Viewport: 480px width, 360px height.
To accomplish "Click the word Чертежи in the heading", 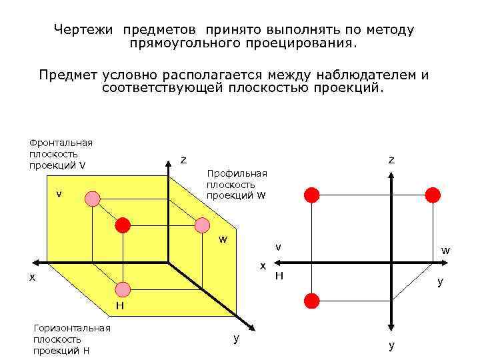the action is (85, 30).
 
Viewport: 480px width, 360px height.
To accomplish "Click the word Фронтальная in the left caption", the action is (60, 142).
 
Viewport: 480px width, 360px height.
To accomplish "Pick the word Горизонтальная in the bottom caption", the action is (72, 327).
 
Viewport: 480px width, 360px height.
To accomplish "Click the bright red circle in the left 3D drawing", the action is (122, 225).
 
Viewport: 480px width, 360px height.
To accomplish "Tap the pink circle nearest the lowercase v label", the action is (93, 198).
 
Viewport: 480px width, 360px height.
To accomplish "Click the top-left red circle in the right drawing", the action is (311, 195).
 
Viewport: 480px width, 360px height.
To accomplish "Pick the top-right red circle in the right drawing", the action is (433, 195).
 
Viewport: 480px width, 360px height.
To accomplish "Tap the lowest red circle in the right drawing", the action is (311, 299).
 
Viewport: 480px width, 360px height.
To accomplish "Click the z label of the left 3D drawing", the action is (183, 160).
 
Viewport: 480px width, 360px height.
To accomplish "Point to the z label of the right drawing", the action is (392, 160).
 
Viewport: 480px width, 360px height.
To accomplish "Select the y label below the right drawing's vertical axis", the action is (391, 345).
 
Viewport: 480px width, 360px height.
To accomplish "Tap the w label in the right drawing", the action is (445, 251).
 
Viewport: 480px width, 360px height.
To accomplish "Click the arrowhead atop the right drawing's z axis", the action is (392, 175).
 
